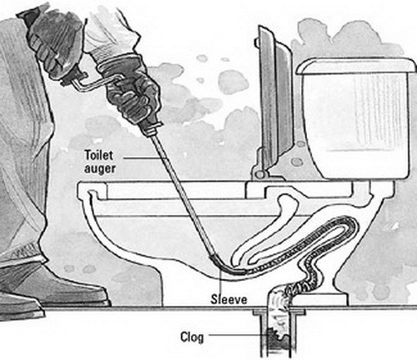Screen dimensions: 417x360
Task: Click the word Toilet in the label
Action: (99, 155)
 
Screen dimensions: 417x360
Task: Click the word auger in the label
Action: (100, 168)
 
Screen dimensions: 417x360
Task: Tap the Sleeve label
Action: (229, 299)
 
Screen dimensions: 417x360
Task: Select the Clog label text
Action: (192, 337)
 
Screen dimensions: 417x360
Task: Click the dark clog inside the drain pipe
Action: (278, 340)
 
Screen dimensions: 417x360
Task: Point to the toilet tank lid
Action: (356, 66)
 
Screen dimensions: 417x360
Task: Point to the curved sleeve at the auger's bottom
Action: (225, 265)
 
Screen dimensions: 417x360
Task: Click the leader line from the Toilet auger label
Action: (143, 157)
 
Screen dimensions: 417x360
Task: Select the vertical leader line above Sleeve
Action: (220, 280)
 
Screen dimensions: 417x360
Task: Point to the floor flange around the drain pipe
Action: (279, 312)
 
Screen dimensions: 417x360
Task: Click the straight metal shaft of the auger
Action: (183, 193)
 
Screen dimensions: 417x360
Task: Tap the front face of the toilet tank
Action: (356, 125)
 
